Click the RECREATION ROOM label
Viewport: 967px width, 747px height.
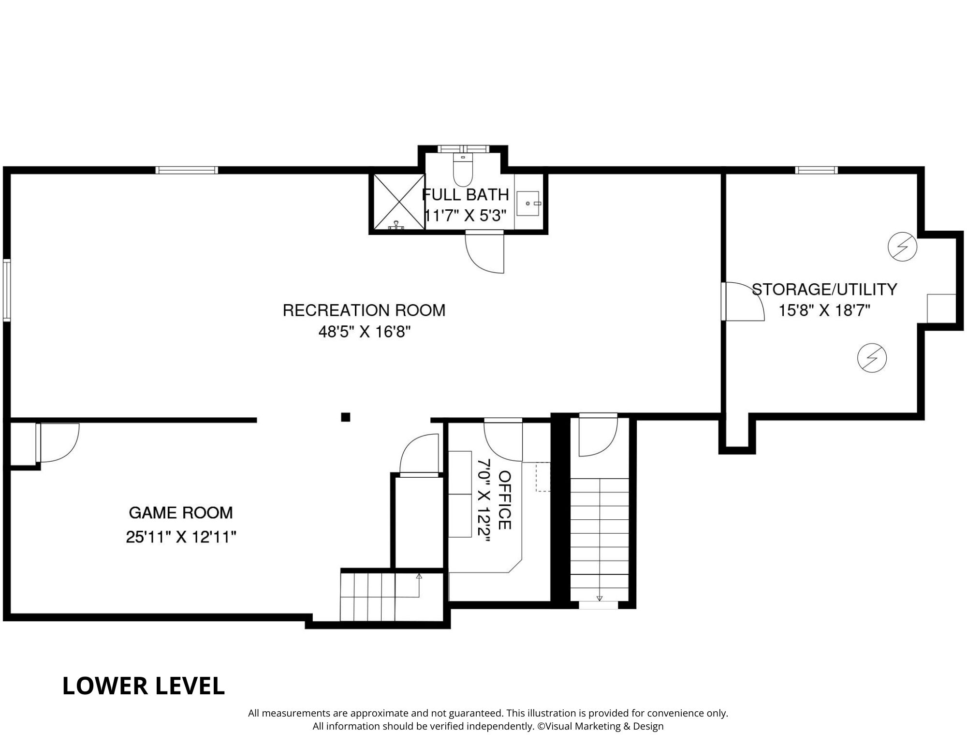(x=364, y=310)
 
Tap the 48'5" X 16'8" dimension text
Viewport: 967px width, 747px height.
(x=365, y=332)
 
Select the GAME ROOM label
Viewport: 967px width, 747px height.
(x=181, y=513)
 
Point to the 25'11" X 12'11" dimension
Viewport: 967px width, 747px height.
(x=181, y=537)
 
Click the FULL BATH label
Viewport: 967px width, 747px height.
(x=466, y=194)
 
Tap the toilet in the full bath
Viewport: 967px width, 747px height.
(x=463, y=170)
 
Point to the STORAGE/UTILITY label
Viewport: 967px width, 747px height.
(x=824, y=289)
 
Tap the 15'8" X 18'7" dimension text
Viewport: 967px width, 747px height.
(x=824, y=310)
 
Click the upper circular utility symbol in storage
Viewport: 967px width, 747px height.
(x=902, y=248)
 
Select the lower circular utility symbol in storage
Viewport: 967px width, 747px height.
(x=872, y=358)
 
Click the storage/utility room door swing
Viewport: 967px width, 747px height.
(x=743, y=302)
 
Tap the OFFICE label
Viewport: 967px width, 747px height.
(x=505, y=500)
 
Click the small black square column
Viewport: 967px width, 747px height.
(x=346, y=417)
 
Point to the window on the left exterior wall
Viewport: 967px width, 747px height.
(x=7, y=290)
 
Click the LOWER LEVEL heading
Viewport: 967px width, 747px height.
(x=144, y=686)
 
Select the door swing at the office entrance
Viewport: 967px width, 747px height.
(x=503, y=440)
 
